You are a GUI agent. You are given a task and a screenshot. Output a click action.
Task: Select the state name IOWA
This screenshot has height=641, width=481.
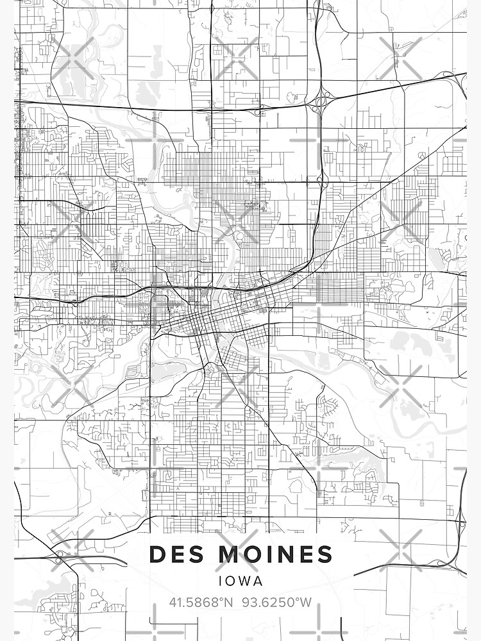240,581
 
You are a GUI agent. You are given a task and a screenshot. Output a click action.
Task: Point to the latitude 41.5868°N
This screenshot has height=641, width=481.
199,603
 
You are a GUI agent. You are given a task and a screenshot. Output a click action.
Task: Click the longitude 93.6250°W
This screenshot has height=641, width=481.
277,603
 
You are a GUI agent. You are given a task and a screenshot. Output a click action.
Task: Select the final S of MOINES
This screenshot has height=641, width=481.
325,554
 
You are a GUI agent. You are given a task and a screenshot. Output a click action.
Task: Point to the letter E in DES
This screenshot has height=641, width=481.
176,554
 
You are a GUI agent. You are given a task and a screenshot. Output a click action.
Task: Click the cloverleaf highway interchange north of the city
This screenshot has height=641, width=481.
319,101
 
